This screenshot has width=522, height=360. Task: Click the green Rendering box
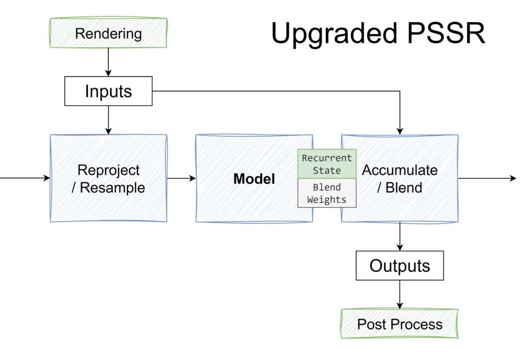click(108, 33)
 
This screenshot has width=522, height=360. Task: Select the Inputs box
click(108, 91)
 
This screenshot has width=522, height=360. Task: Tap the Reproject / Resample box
click(108, 178)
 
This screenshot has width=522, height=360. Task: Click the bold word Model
click(254, 179)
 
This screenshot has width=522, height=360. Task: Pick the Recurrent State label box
click(327, 164)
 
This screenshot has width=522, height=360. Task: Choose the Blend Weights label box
click(327, 193)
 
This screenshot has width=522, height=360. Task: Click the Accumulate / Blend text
click(399, 179)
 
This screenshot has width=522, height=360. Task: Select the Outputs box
click(399, 266)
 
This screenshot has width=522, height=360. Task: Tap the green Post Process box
click(399, 324)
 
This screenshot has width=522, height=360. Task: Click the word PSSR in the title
click(446, 34)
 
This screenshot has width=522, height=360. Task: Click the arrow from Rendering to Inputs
click(108, 62)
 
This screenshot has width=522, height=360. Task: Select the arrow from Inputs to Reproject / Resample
click(108, 120)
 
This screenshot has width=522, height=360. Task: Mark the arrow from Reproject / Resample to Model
click(182, 178)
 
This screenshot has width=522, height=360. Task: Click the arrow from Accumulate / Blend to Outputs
click(399, 236)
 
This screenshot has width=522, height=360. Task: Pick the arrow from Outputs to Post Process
click(399, 294)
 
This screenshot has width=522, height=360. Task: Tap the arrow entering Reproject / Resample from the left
click(25, 178)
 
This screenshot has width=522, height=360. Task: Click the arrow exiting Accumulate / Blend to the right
click(487, 178)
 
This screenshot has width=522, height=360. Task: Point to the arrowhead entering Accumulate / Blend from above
click(399, 131)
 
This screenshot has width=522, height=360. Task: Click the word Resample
click(112, 188)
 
